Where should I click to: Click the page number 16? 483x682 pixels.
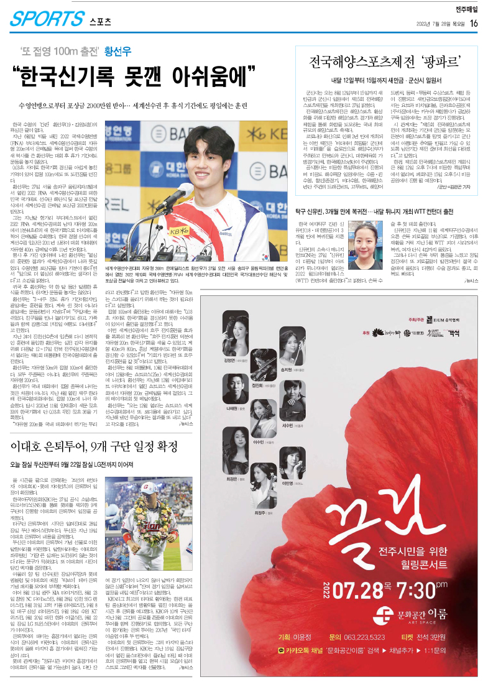474,23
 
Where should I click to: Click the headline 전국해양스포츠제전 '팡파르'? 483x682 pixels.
385,63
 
